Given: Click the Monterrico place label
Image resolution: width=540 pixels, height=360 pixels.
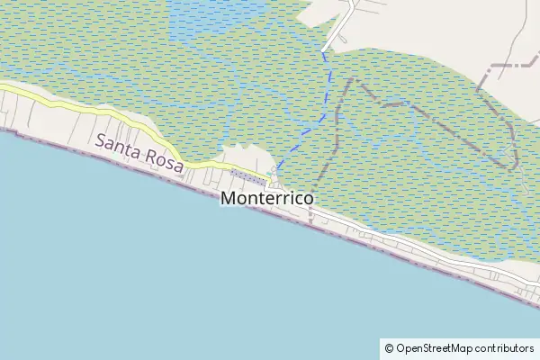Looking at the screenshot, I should point(266,197).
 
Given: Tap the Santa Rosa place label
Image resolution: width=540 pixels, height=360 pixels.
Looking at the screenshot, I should point(139,153).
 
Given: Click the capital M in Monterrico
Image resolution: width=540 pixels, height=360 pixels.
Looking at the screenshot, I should point(229,197).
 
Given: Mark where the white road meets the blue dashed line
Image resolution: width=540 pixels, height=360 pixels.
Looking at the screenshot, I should point(324,50).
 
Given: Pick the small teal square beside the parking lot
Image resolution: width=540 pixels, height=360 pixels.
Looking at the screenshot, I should point(269,173).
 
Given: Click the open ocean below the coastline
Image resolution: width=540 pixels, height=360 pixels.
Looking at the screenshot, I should point(225,288).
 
